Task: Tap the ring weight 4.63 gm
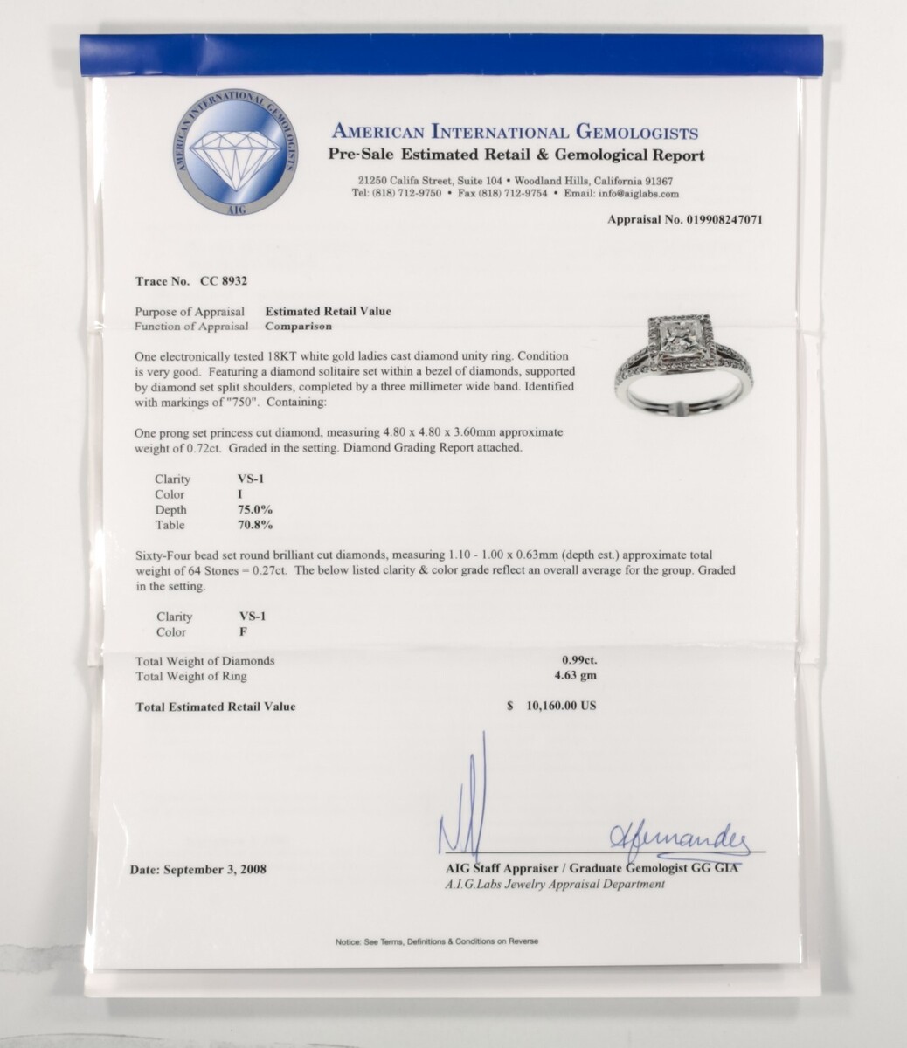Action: point(579,675)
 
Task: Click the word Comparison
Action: point(300,326)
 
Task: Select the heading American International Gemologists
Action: point(514,133)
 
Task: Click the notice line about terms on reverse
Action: point(436,941)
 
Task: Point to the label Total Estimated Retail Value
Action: point(215,706)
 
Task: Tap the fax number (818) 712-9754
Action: point(515,194)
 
